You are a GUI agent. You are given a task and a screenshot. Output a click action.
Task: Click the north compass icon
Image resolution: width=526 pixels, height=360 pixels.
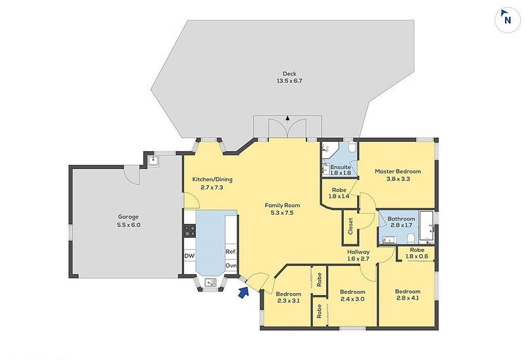click(x=508, y=20)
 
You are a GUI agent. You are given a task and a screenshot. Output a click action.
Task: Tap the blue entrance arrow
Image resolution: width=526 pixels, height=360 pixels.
click(x=243, y=292)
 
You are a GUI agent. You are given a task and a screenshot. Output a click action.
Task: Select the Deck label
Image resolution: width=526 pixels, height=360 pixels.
click(x=289, y=74)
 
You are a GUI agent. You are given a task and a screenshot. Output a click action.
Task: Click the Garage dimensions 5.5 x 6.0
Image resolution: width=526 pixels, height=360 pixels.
click(x=129, y=225)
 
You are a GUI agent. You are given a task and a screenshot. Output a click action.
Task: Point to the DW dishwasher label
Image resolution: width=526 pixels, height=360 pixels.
click(x=189, y=256)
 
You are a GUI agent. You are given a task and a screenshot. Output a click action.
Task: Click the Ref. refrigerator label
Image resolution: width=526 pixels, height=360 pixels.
click(x=231, y=252)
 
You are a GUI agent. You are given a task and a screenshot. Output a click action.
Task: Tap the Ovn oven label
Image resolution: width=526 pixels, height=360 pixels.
click(x=231, y=265)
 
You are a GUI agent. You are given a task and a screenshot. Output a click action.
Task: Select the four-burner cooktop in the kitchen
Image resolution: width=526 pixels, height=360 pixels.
click(x=189, y=231)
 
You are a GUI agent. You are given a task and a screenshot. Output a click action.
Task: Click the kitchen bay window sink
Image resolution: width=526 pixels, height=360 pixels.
click(x=210, y=283)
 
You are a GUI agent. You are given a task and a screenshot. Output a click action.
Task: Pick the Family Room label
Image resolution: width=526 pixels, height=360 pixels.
click(x=283, y=205)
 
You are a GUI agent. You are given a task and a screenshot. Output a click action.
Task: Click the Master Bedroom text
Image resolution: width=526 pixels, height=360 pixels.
click(x=398, y=171)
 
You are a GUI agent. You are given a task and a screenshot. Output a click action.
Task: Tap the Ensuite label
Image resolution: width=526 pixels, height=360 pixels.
click(x=341, y=167)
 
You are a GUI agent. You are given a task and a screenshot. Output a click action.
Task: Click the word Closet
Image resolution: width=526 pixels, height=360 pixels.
click(x=350, y=226)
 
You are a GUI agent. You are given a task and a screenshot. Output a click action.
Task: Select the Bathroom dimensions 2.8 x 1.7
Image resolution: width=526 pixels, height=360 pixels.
click(x=401, y=225)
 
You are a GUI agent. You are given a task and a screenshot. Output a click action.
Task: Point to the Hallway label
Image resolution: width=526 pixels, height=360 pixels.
click(x=358, y=252)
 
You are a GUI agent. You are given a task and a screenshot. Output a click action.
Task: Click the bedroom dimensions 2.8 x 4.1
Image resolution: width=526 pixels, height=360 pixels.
click(x=408, y=298)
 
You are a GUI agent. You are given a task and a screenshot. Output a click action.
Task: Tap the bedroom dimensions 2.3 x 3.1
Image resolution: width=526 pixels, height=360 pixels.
click(x=289, y=301)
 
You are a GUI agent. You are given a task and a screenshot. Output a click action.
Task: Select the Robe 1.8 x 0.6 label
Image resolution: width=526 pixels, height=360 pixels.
click(x=417, y=253)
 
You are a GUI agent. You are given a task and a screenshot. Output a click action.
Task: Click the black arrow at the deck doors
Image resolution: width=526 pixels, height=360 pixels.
click(x=287, y=118)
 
